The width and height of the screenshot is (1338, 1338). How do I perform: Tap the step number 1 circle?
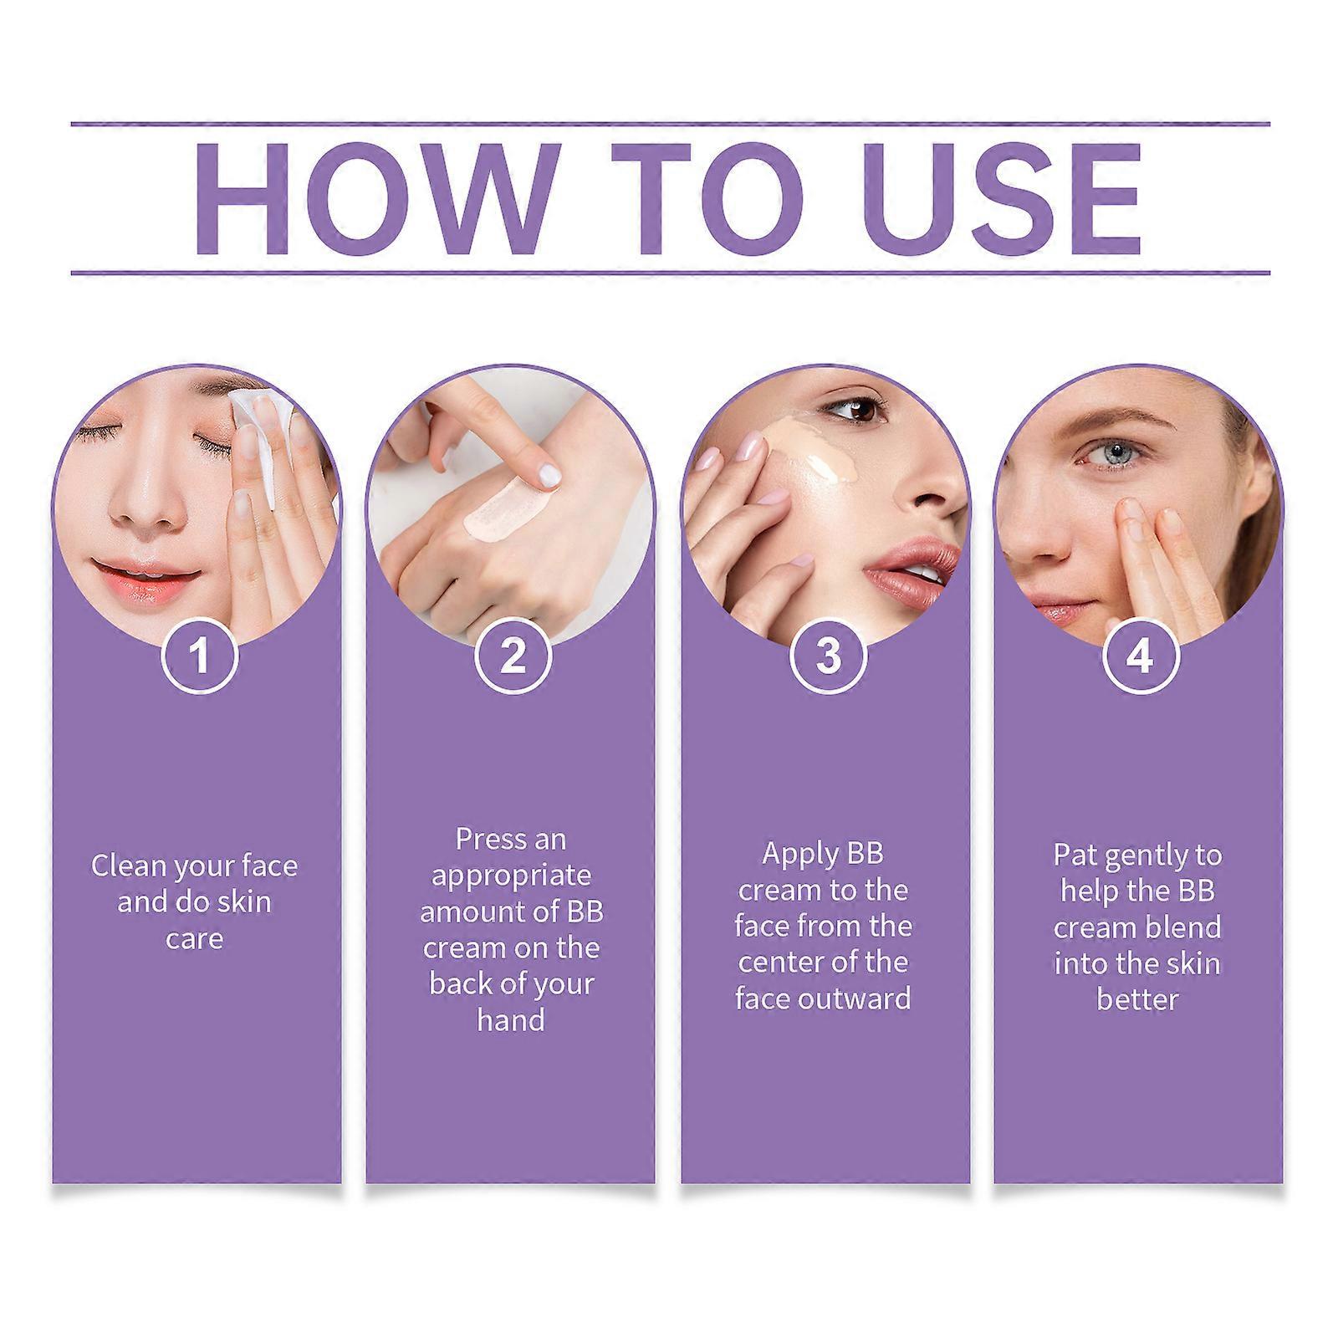coord(199,654)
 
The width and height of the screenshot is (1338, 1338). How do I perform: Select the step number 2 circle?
coord(512,654)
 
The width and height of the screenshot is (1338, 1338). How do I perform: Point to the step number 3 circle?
coord(827,654)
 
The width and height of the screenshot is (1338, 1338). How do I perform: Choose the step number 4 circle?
coord(1140,654)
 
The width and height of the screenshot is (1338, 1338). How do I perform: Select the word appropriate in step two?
coord(511,876)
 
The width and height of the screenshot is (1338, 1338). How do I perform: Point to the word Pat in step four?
coord(1075,855)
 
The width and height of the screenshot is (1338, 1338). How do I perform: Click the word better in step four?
coord(1137,999)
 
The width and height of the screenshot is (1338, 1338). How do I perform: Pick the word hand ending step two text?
coord(511,1020)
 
